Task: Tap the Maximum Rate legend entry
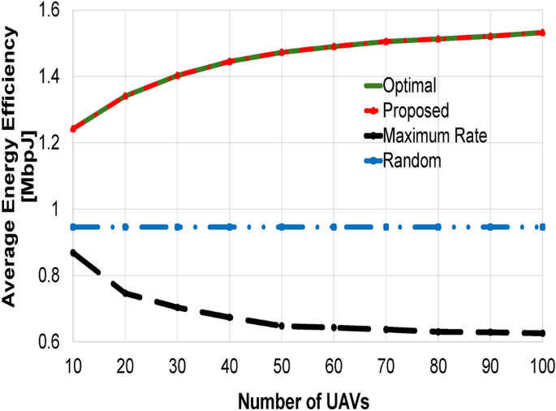437,135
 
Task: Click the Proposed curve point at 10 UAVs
73,128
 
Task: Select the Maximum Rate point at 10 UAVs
73,253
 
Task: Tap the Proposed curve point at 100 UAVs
542,32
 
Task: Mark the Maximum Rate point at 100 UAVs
542,333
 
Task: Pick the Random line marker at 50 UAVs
282,227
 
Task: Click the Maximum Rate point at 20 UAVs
125,292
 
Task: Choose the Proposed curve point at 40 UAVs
230,61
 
